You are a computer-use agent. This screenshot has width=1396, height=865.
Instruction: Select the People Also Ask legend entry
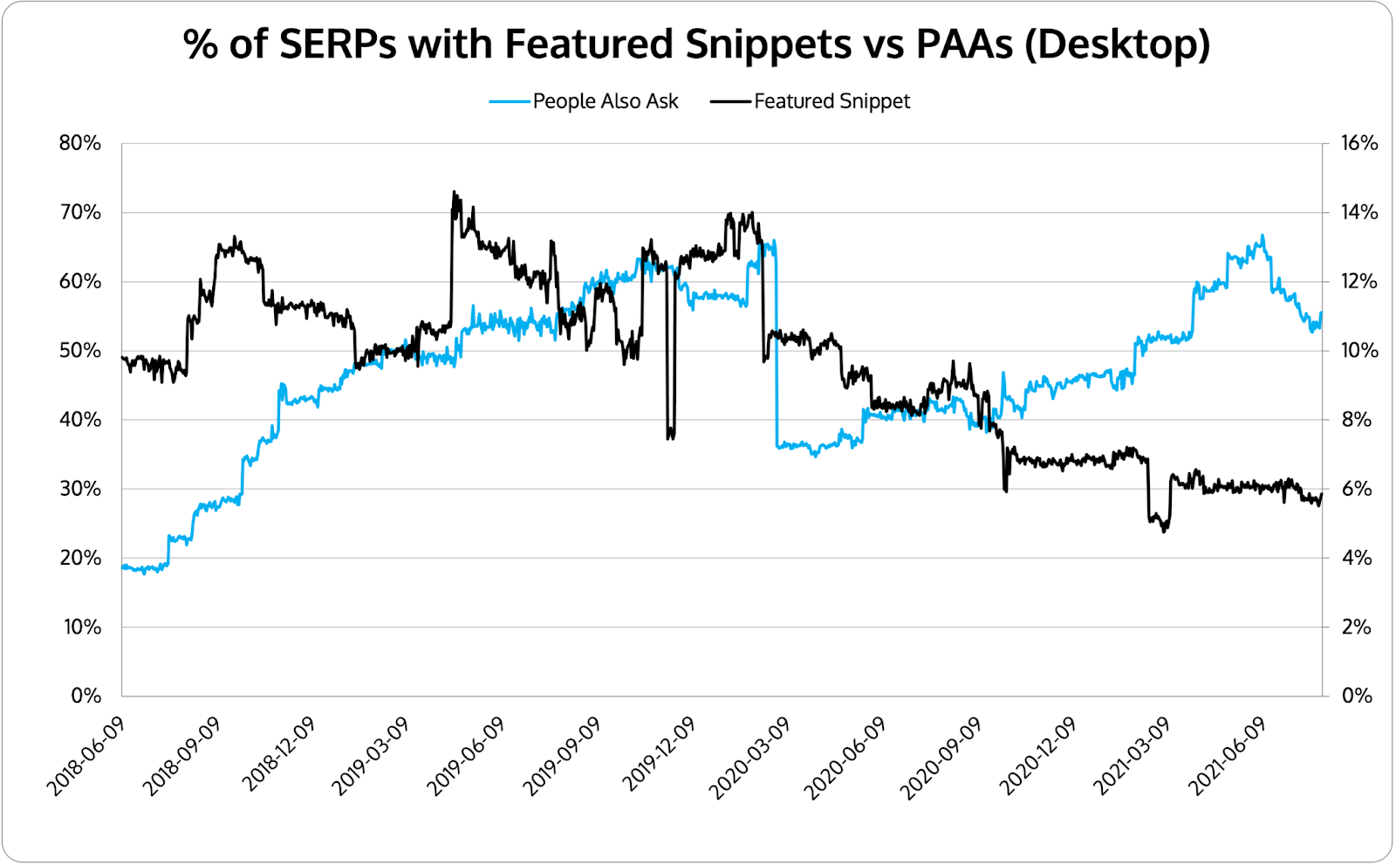[605, 101]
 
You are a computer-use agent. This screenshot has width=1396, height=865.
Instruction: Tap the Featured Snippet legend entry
[831, 101]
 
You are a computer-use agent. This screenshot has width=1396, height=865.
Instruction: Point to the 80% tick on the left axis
[80, 143]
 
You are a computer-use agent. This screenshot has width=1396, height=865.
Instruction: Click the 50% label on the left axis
[80, 351]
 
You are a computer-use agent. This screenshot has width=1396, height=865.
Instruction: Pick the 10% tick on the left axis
[82, 628]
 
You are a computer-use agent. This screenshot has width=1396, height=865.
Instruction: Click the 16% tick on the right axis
[1358, 143]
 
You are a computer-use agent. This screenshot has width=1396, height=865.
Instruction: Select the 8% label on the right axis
[1356, 420]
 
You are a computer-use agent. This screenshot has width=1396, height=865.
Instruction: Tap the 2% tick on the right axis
[1356, 628]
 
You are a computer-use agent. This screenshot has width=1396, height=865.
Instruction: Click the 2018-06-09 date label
[86, 757]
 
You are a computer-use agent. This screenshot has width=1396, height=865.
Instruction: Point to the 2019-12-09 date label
[660, 757]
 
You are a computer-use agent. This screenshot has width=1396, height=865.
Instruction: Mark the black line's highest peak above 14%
[454, 192]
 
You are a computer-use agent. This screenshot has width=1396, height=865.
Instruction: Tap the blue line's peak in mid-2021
[1262, 236]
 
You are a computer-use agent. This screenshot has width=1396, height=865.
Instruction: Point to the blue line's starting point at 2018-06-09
[123, 566]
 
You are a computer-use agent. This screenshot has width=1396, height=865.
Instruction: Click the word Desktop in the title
[1117, 44]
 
